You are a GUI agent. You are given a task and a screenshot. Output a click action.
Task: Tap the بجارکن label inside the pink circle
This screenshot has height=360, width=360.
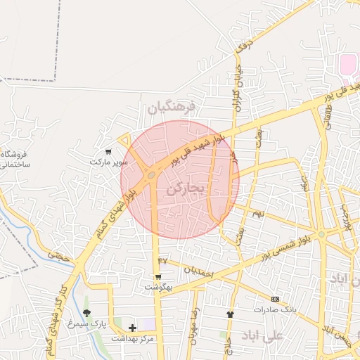tap(186, 189)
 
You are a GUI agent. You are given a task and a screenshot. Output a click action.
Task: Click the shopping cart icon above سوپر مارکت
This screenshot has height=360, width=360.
tap(108, 151)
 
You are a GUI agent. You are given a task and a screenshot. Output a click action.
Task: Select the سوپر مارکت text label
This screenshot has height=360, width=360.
tap(109, 162)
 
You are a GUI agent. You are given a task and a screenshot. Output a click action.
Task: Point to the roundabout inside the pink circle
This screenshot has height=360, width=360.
tap(151, 175)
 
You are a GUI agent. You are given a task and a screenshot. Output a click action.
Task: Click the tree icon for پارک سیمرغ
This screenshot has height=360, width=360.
tap(86, 313)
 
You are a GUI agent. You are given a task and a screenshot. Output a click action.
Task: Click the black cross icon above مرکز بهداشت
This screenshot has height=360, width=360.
tap(132, 328)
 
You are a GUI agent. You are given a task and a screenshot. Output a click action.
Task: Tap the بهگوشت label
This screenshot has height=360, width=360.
tap(158, 287)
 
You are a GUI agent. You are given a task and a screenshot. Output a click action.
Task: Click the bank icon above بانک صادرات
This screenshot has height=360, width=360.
tap(275, 299)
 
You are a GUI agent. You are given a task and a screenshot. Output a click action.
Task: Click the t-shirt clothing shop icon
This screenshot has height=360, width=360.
tap(229, 314)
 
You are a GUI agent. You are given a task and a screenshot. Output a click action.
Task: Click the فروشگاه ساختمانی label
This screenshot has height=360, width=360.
tap(13, 158)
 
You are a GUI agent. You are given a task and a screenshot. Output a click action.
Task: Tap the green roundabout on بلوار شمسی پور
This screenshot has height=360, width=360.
tap(321, 234)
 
